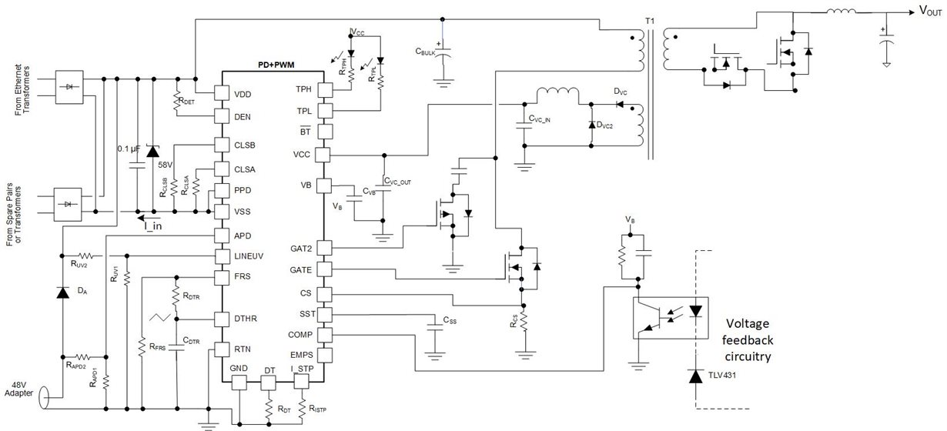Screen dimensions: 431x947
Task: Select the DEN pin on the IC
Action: point(223,116)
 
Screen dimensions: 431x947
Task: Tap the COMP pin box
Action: point(323,336)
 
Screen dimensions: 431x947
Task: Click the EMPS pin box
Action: point(323,356)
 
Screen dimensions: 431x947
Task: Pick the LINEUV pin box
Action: point(223,255)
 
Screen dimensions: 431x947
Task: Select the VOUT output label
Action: point(930,12)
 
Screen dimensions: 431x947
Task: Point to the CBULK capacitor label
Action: point(427,52)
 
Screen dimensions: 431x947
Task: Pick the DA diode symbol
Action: point(61,292)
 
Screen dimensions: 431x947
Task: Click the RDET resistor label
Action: point(186,100)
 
